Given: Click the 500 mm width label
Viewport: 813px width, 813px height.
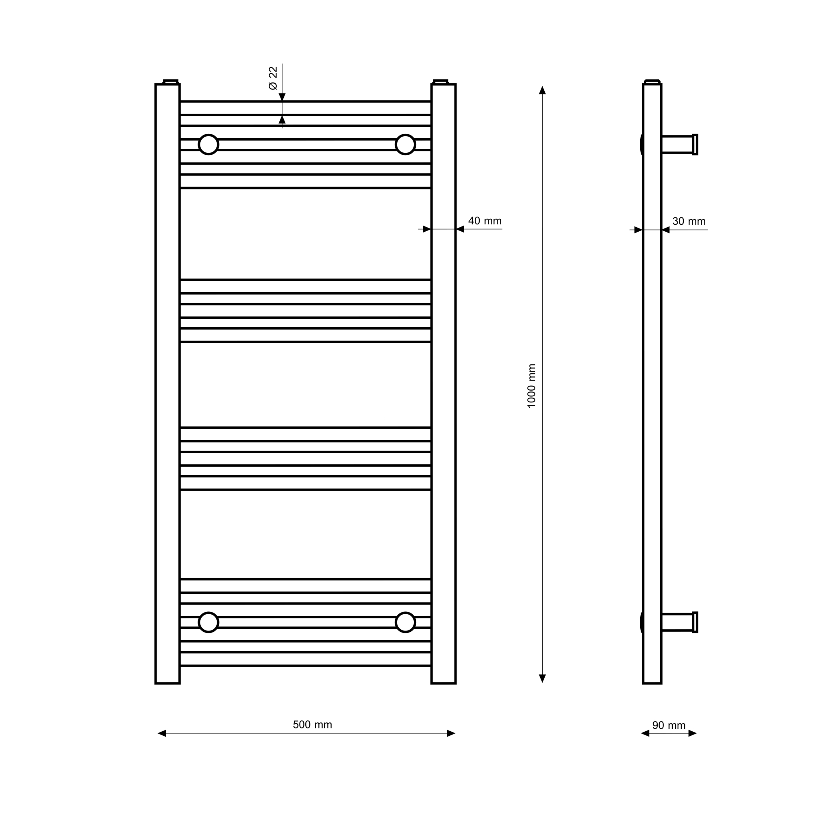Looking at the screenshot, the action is (x=312, y=724).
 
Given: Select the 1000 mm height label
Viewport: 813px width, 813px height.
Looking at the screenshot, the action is (x=531, y=386).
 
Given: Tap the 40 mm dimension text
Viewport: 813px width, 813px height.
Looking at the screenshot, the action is (x=485, y=221).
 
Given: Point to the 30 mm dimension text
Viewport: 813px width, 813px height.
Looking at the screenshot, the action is (x=689, y=222).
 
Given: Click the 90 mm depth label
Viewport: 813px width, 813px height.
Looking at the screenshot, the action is (x=669, y=725).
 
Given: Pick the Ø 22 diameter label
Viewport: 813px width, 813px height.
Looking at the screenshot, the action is (x=273, y=78).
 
